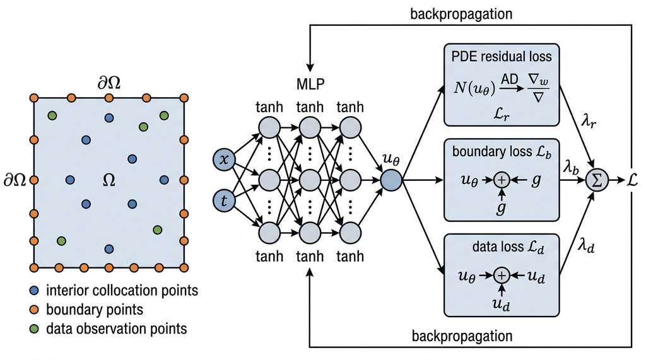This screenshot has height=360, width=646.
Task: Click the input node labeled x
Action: coord(224,160)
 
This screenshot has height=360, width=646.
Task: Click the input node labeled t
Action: coord(224,200)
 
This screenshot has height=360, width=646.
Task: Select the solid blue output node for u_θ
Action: coord(391,180)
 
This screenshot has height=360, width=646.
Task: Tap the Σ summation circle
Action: coord(597,180)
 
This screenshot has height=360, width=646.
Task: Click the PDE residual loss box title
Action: coord(502,56)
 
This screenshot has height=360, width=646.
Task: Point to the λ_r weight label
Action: coord(589,122)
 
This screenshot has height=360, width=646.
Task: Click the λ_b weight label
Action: coord(571,168)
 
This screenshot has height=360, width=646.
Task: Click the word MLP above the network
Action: coord(310,84)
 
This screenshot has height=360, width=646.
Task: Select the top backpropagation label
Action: coord(461,14)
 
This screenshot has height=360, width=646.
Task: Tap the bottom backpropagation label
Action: coord(462,336)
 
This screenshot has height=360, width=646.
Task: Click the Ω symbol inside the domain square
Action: coord(109,180)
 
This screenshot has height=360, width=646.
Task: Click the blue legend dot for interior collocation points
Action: coord(34,291)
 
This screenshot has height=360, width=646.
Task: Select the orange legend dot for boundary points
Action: coord(34,310)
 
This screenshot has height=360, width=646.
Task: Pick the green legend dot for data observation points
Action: coord(34,328)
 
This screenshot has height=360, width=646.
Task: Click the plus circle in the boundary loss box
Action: coord(502,180)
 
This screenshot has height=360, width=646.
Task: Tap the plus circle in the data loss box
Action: coord(502,275)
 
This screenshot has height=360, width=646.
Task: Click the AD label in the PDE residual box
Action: coord(509,79)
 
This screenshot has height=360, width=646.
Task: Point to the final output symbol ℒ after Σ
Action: coord(632,180)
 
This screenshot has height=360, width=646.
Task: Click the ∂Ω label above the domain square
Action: coord(109,83)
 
